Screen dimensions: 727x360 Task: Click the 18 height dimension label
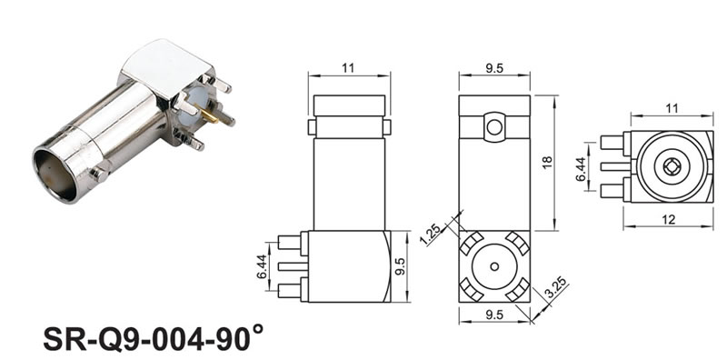(x=548, y=163)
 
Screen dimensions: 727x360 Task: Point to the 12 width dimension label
(x=668, y=219)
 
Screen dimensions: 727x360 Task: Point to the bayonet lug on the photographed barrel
(x=100, y=173)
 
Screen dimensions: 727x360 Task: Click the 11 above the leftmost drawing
(x=348, y=68)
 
